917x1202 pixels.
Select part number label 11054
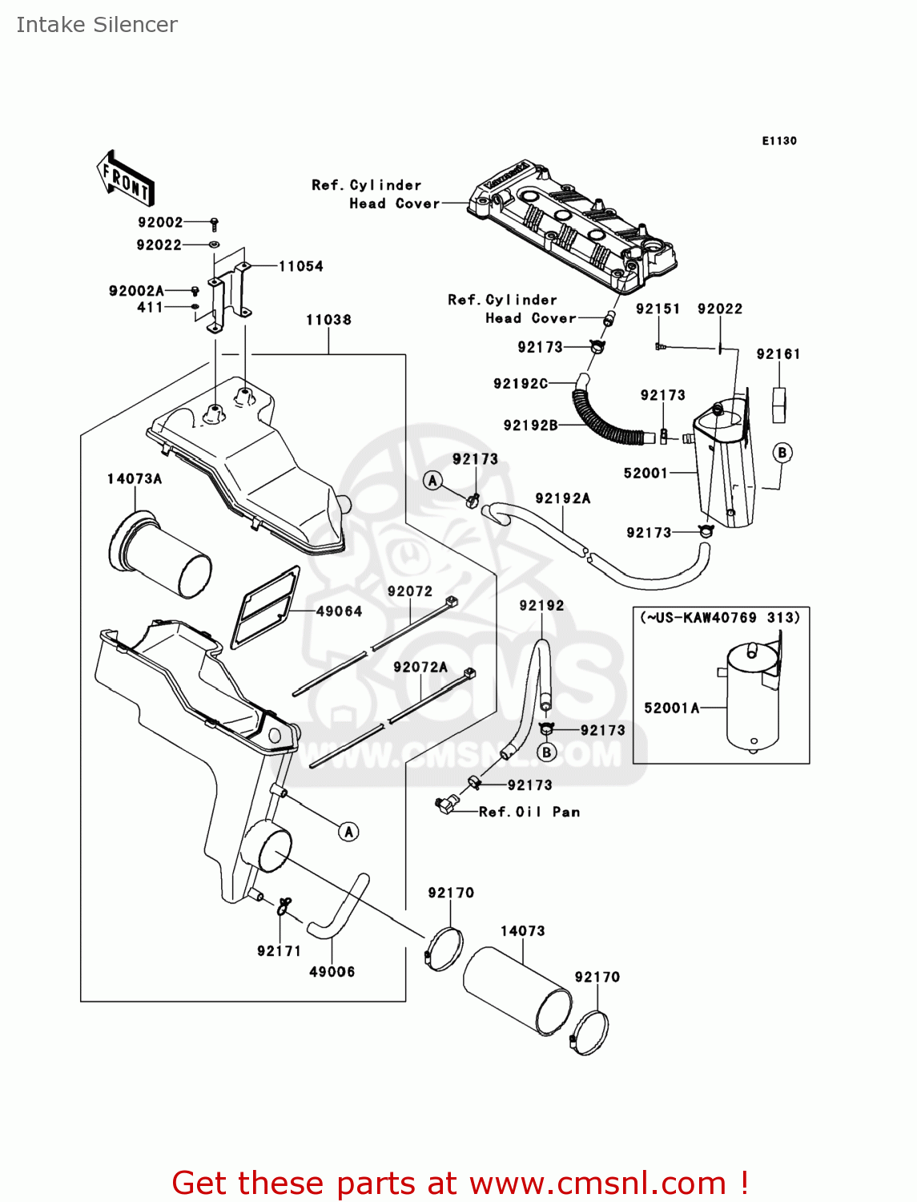[x=300, y=266]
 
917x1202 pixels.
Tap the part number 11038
[x=328, y=320]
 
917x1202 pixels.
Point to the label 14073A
[x=135, y=478]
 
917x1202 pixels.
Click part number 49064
[x=339, y=611]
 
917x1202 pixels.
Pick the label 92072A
[x=420, y=667]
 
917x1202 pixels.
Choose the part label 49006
[x=332, y=972]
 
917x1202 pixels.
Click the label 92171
[x=279, y=951]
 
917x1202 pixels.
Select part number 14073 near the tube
[x=522, y=931]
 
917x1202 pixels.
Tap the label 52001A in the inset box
[x=672, y=708]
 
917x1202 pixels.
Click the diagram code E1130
[x=778, y=141]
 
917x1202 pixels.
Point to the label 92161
[x=778, y=354]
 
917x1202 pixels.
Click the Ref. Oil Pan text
[x=529, y=812]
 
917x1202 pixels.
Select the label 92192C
[x=521, y=384]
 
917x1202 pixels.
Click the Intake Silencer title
[x=97, y=25]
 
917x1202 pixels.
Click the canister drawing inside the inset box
[x=753, y=697]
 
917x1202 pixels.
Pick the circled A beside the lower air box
[x=348, y=832]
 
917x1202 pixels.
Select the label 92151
[x=658, y=309]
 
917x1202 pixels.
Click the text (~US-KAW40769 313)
[x=720, y=618]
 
